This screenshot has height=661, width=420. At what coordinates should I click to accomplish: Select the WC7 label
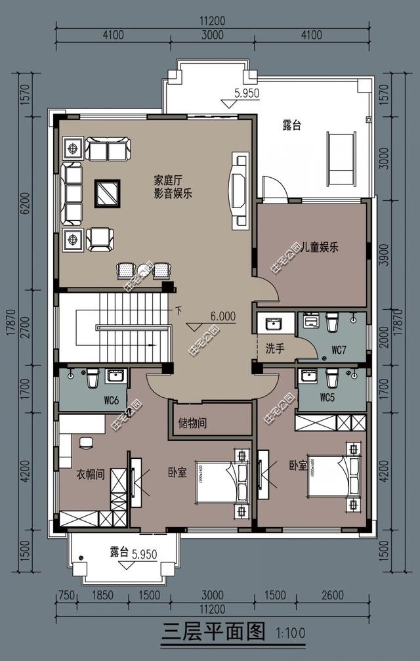(x=339, y=350)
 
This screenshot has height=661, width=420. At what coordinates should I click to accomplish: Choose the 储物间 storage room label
(x=193, y=423)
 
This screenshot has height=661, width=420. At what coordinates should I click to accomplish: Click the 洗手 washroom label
(x=274, y=349)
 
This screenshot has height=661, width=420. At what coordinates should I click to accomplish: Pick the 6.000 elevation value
(x=222, y=316)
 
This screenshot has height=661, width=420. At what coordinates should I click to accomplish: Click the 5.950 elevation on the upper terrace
(x=247, y=94)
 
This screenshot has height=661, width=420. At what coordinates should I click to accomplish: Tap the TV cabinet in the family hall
(x=240, y=190)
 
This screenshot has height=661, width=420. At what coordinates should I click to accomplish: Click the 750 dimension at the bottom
(x=65, y=595)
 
